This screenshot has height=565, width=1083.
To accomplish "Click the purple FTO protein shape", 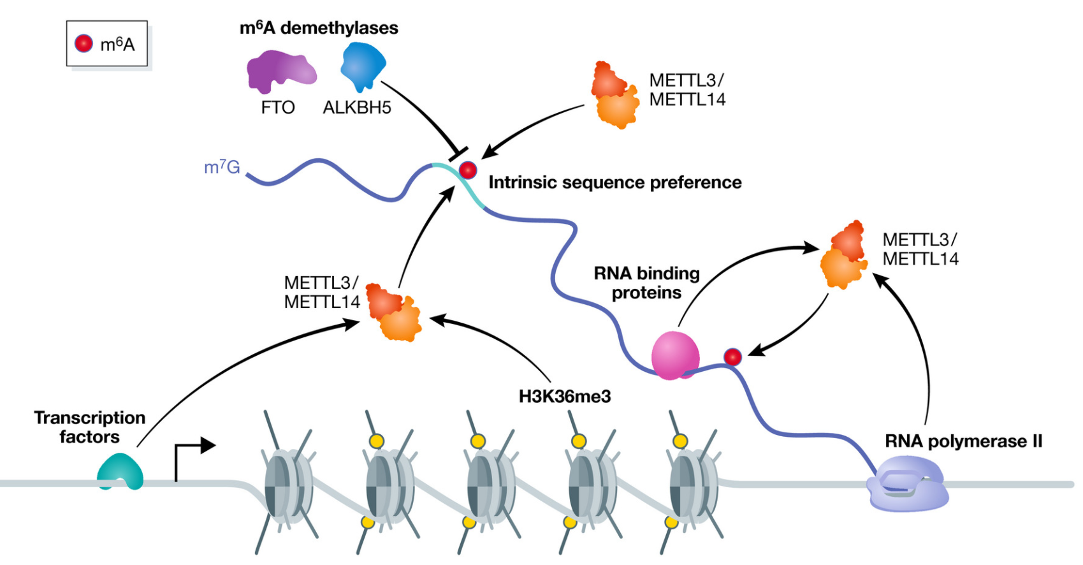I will [279, 73].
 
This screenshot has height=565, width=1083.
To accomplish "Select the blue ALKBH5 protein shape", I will [363, 66].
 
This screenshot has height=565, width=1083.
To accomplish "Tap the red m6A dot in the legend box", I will [84, 43].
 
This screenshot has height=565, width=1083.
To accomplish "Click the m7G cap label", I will [222, 167].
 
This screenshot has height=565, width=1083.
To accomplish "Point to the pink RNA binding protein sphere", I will [675, 355].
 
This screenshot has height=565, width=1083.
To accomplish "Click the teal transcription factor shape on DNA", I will [120, 473].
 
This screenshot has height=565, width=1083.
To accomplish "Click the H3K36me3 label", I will [564, 397].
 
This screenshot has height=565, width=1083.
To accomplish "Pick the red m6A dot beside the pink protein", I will [733, 356].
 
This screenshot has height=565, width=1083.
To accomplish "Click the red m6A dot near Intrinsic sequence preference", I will [468, 170].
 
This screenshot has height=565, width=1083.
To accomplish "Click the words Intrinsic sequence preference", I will [614, 182].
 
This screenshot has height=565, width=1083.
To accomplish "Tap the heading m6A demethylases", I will [319, 28].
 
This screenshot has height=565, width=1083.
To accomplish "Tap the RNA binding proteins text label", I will [646, 282].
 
